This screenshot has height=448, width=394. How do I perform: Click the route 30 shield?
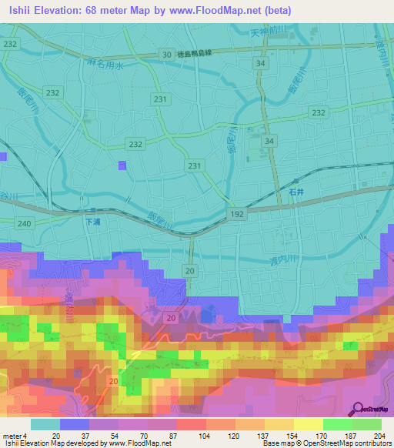coord(167,54)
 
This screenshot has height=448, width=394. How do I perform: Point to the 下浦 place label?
coord(92,222)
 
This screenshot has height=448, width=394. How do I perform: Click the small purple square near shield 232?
coord(122,165)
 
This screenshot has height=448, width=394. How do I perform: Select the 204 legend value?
coord(377,436)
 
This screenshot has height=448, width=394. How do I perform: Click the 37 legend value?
coord(85,436)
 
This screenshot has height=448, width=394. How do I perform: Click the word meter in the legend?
coord(13,436)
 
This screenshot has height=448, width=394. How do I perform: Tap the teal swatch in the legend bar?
coord(45,424)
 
